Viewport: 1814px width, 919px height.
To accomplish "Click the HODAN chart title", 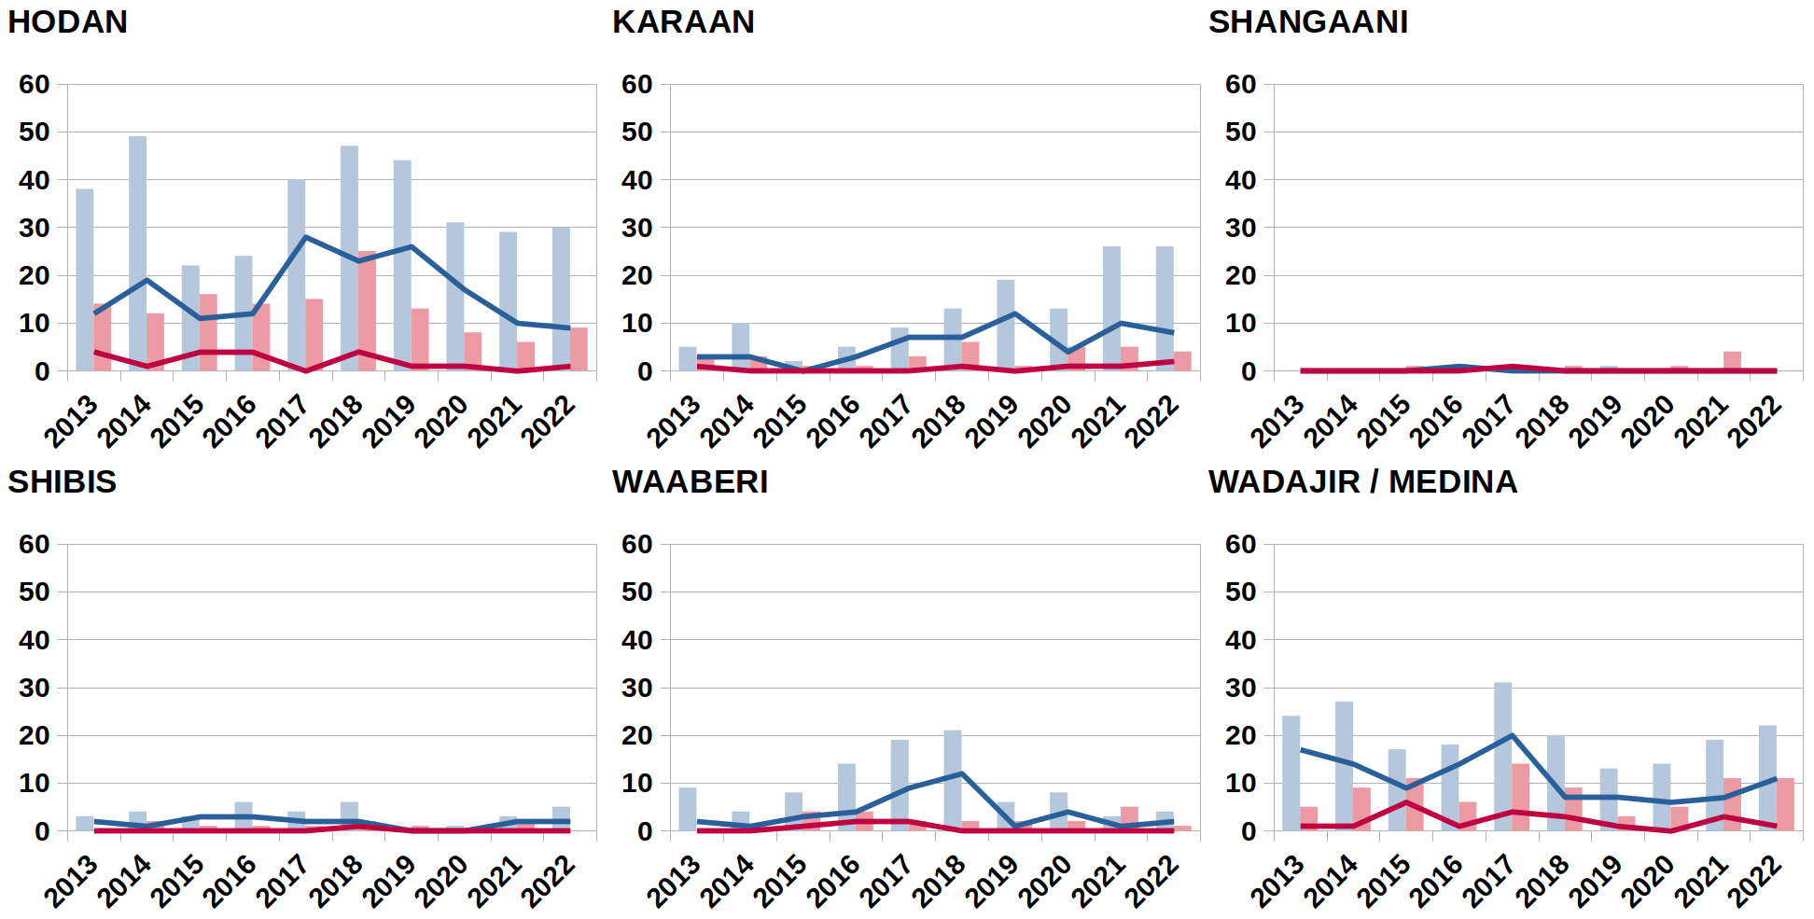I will point(67,22).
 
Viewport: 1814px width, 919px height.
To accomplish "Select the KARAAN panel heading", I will point(683,22).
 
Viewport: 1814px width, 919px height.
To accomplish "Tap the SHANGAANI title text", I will point(1308,22).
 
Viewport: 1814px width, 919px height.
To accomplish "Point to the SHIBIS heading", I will point(63,482).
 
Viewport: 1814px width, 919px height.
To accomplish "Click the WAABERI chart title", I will point(690,482).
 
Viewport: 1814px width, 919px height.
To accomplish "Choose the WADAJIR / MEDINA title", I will point(1362,482).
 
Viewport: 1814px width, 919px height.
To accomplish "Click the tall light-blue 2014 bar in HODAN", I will point(137,252).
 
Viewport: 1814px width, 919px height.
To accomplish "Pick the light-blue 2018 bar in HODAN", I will point(349,258).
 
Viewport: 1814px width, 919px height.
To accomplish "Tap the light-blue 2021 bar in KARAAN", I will point(1111,308).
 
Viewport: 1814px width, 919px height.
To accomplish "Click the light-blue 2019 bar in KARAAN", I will point(1005,325).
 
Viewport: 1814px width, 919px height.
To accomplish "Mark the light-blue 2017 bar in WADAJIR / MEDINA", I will point(1502,756).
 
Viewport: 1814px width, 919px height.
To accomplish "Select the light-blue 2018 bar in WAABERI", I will point(952,780).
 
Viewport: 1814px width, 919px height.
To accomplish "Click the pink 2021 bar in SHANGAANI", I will point(1732,361).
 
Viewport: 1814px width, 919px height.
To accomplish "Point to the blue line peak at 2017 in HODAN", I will point(305,237).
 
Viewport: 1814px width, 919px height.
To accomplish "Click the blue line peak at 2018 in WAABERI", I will point(961,773).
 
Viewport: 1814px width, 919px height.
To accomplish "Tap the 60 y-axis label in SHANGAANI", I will point(1240,85).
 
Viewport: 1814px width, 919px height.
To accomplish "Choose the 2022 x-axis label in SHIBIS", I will point(548,882).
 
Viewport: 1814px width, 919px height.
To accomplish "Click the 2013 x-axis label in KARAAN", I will point(673,422).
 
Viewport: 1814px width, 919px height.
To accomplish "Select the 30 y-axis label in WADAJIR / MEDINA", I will point(1240,688).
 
